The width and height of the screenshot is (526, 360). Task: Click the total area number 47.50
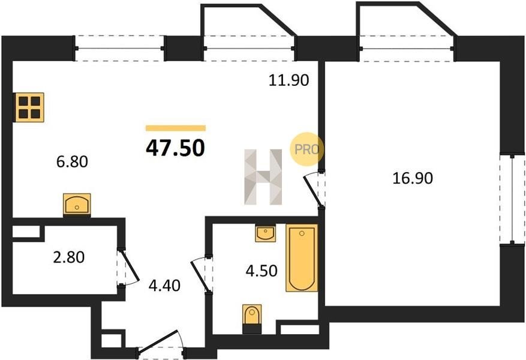pos(175,148)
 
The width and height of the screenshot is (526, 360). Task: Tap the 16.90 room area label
pos(412,178)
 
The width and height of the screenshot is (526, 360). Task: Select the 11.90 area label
pos(289,80)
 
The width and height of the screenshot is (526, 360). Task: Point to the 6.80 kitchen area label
pos(72,162)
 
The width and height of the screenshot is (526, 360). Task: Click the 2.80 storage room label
pos(69,257)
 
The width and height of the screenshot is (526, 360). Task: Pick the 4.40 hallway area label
pos(164,286)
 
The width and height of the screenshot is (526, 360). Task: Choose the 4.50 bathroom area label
pos(262,271)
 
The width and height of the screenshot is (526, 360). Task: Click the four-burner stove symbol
pos(29,107)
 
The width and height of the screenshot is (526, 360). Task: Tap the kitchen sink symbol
pos(77,205)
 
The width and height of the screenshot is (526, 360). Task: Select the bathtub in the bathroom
pos(302,257)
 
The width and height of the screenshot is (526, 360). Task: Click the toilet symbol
pos(252,319)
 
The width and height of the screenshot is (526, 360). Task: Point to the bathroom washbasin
pos(265,233)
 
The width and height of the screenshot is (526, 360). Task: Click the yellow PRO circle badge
pos(306,149)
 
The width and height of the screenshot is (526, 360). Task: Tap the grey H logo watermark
pos(263,177)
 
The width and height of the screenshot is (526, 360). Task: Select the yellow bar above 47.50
pos(176,128)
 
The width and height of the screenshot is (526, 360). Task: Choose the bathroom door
pos(200,275)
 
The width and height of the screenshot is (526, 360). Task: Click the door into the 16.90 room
pos(314,190)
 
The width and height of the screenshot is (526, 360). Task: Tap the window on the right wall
pos(512,199)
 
